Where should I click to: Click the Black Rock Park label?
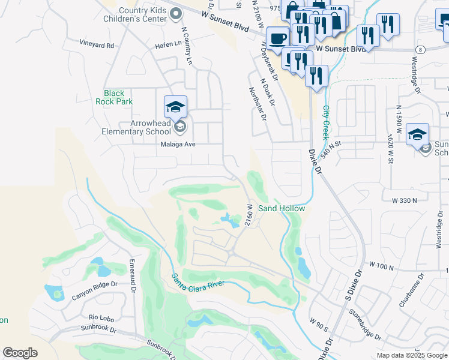114,97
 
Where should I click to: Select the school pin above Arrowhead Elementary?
175,107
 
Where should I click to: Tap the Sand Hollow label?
282,208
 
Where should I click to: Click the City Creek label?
326,122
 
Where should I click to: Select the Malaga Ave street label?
178,144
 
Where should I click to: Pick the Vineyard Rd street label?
97,44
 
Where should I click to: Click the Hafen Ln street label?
169,44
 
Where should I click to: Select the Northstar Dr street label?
258,103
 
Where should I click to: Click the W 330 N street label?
404,199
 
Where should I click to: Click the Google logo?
20,353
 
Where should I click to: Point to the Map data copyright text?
412,355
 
